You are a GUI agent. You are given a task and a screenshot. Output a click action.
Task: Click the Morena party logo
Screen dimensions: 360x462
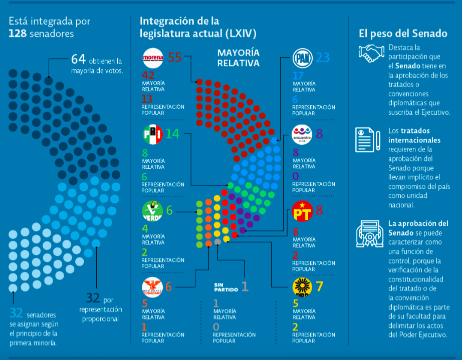point(153,59)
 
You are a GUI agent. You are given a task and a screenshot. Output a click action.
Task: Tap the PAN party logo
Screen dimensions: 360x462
point(303,59)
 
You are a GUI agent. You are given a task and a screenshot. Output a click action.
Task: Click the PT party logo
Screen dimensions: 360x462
point(302,211)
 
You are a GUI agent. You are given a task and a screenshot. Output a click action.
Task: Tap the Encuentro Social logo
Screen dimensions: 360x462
point(303,135)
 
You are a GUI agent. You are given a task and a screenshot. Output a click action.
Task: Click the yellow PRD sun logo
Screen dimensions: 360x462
point(303,287)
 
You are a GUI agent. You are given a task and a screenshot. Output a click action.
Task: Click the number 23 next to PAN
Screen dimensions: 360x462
point(323,58)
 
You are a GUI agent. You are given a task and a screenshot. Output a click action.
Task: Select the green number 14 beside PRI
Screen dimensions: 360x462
point(172,134)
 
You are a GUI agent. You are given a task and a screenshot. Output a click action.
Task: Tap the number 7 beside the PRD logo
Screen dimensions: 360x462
point(320,287)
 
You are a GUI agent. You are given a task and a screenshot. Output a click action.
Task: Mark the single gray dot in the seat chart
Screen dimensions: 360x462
point(217,242)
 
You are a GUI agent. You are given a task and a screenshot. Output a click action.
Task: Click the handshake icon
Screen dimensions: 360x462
point(371,53)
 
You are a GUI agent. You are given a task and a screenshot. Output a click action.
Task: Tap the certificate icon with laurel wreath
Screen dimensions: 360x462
point(369,233)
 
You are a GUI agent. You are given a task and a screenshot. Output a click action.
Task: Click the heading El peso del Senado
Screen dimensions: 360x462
point(402,34)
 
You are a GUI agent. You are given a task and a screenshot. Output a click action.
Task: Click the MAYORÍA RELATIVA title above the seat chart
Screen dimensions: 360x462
point(238,58)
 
